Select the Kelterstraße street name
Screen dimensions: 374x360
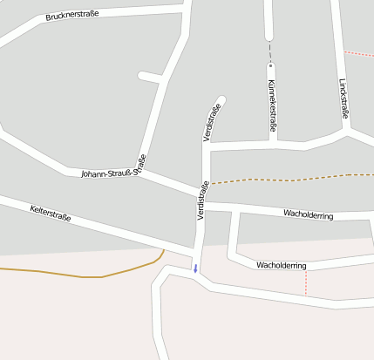pyautogui.click(x=50, y=213)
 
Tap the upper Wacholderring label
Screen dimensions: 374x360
pyautogui.click(x=308, y=214)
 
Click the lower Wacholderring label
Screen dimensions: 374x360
pyautogui.click(x=281, y=265)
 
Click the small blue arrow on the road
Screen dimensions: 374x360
pyautogui.click(x=195, y=268)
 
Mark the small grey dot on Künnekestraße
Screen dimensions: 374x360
pyautogui.click(x=270, y=65)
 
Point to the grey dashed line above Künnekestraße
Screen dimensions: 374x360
pyautogui.click(x=270, y=51)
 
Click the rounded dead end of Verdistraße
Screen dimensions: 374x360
pyautogui.click(x=221, y=99)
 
